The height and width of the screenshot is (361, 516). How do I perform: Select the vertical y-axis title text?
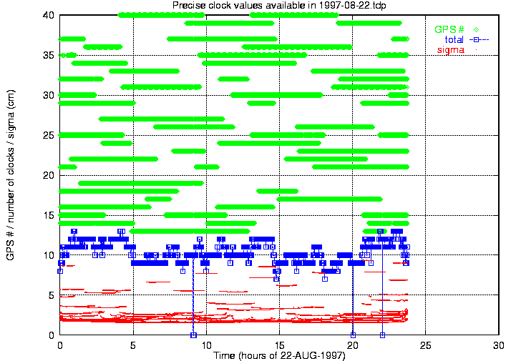[x=11, y=174]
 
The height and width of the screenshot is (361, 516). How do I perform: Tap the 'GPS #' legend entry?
[x=449, y=29]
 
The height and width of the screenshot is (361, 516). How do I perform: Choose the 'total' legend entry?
[x=454, y=39]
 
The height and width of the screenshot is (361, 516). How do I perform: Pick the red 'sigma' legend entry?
[x=451, y=49]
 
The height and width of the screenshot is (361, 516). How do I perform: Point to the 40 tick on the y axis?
[x=51, y=15]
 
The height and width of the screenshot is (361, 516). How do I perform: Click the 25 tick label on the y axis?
[x=51, y=135]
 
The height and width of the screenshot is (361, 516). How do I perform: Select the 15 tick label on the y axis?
[x=51, y=215]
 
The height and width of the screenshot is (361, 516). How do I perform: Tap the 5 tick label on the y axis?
[x=53, y=295]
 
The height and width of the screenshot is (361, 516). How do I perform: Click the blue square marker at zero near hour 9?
[x=193, y=335]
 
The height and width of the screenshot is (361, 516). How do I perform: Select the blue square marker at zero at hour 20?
[x=353, y=335]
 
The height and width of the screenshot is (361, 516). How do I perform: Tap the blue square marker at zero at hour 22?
[x=382, y=335]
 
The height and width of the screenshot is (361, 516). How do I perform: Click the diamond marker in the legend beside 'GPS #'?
[x=476, y=29]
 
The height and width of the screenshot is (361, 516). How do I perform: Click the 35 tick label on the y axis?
[x=51, y=55]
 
